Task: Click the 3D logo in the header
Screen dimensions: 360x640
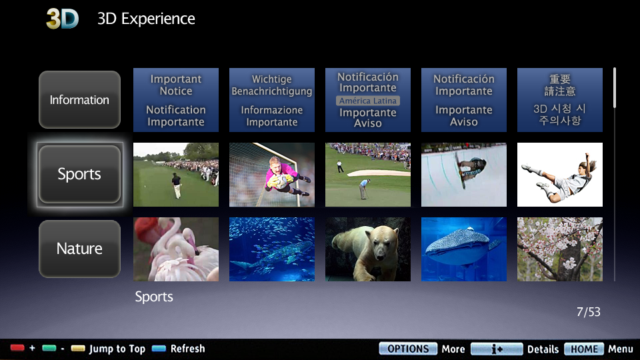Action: coord(63,19)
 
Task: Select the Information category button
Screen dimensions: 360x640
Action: coord(79,100)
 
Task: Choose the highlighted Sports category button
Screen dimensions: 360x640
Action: coord(79,175)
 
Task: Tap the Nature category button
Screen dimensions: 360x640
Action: coord(79,249)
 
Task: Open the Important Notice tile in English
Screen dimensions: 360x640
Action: coord(176,100)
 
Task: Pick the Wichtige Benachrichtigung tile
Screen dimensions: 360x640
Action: coord(272,100)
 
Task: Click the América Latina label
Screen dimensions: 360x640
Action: coord(368,101)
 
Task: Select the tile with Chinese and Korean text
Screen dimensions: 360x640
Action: coord(560,100)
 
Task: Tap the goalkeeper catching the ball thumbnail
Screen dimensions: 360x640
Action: coord(272,175)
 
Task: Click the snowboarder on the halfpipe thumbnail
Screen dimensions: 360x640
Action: coord(464,175)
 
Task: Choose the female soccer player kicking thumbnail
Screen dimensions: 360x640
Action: coord(560,175)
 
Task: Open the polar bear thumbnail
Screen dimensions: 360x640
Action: coord(368,249)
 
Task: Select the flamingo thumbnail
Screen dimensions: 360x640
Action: coord(176,249)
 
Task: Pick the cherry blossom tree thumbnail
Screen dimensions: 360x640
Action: coord(560,249)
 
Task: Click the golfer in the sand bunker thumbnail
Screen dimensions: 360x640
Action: coord(368,175)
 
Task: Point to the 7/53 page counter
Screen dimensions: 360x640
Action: coord(588,312)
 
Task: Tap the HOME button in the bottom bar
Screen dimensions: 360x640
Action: coord(584,349)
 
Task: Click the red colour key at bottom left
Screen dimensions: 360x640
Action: coord(17,349)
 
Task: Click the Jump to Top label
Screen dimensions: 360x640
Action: coord(117,349)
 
